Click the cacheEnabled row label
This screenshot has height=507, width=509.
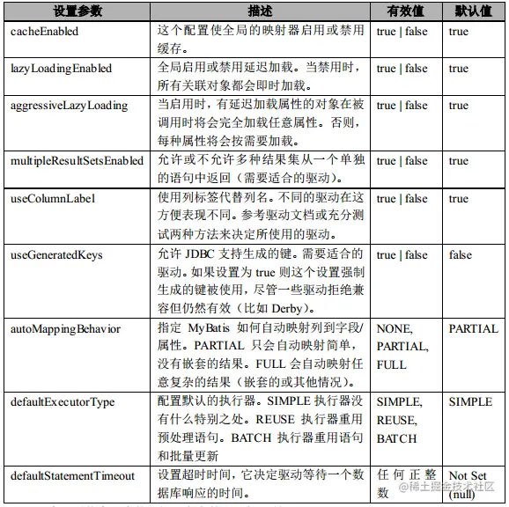pyautogui.click(x=44, y=32)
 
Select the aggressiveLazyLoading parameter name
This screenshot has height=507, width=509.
pyautogui.click(x=69, y=106)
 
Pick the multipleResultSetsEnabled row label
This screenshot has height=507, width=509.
pyautogui.click(x=77, y=161)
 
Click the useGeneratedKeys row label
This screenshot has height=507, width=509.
pyautogui.click(x=56, y=255)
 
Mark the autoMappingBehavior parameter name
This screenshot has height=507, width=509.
pyautogui.click(x=65, y=329)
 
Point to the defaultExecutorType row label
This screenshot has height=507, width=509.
pyautogui.click(x=63, y=402)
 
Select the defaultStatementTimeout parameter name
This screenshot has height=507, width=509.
pyautogui.click(x=72, y=476)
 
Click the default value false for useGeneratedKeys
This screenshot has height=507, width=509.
pyautogui.click(x=461, y=255)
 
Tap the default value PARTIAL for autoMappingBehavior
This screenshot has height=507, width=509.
pyautogui.click(x=474, y=329)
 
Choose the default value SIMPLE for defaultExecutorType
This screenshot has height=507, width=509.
pyautogui.click(x=471, y=402)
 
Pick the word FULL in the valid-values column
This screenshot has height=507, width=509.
pyautogui.click(x=392, y=364)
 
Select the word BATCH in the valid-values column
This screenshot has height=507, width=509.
pyautogui.click(x=397, y=438)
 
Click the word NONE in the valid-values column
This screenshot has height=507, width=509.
pyautogui.click(x=395, y=329)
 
